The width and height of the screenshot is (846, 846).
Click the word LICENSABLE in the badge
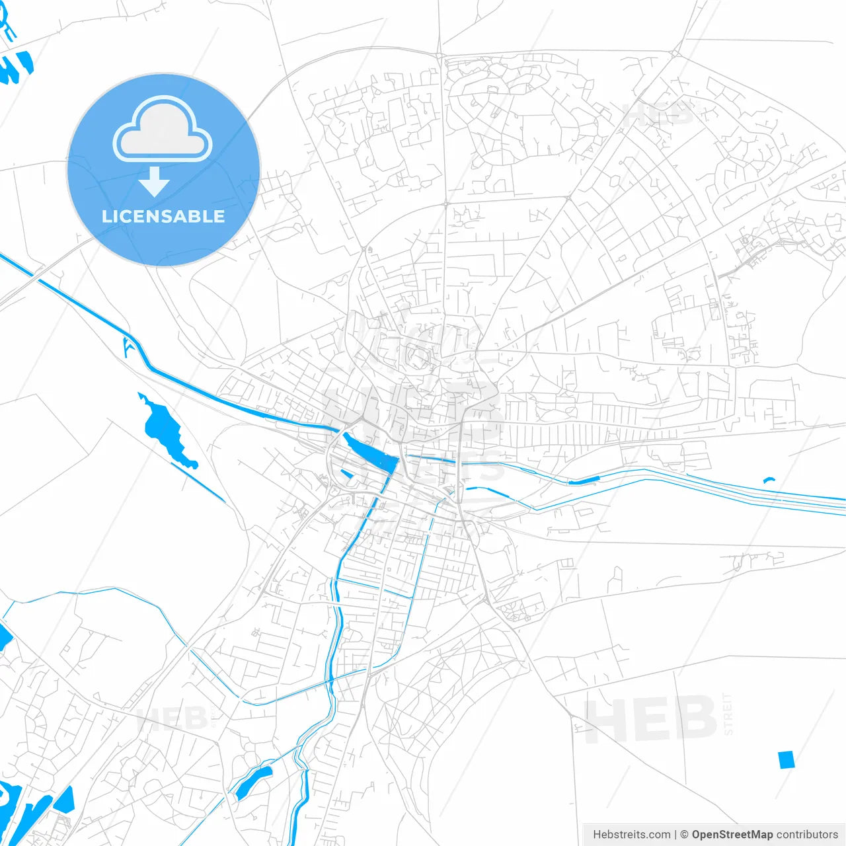pos(163,217)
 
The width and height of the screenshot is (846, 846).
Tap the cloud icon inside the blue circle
pos(163,129)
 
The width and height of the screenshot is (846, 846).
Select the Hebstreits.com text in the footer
pos(631,835)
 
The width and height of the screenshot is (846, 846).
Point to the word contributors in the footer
pos(807,835)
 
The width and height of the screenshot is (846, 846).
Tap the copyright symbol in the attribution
pos(685,835)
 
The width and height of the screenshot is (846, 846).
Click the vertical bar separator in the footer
pos(675,835)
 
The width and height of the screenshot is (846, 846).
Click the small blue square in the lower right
pos(786,759)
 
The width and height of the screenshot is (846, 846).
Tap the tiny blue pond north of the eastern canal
pos(768,480)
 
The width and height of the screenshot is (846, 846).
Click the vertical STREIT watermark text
pos(728,714)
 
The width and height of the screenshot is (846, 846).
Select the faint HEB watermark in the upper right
pos(661,114)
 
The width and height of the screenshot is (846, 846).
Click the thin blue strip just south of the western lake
pos(198,482)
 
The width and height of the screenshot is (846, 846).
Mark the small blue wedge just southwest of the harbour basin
pos(346,473)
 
